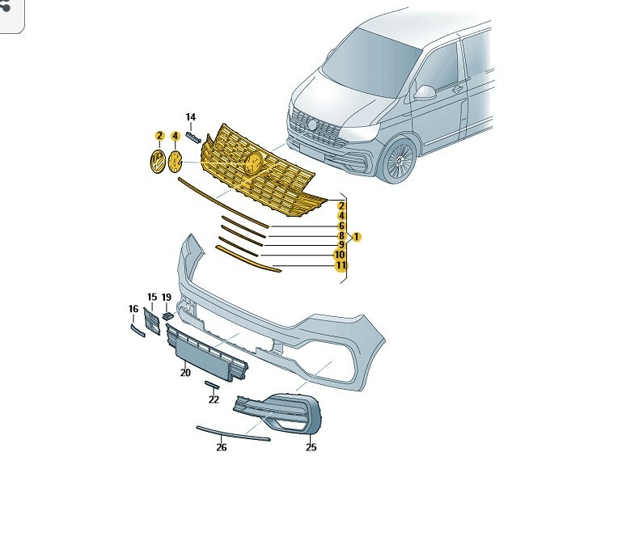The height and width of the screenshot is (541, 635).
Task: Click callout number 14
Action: click(x=190, y=117)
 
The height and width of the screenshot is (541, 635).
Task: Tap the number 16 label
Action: click(x=133, y=309)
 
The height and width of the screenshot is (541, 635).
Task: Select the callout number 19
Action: click(x=167, y=298)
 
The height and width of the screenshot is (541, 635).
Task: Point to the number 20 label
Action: click(x=185, y=373)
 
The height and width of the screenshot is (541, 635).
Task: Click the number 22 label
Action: click(x=214, y=399)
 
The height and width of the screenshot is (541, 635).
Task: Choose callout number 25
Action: click(x=311, y=447)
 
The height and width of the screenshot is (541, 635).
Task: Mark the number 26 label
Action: click(x=221, y=447)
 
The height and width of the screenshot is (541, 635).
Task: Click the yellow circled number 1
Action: click(x=357, y=237)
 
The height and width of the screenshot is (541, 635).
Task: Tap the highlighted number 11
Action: click(x=341, y=265)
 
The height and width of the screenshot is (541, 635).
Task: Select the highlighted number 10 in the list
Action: click(x=340, y=255)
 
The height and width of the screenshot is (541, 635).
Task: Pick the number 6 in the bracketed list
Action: click(x=341, y=226)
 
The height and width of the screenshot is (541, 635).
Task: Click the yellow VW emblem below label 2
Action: click(x=158, y=161)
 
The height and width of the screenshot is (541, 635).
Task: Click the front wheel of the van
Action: click(x=400, y=161)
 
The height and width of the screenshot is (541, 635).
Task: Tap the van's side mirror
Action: click(x=425, y=92)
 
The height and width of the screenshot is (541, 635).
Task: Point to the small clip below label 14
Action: click(x=193, y=137)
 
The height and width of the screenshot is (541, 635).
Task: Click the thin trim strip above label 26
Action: click(x=233, y=433)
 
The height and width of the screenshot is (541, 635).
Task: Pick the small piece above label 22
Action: click(x=212, y=385)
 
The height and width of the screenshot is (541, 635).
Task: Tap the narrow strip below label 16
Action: click(x=138, y=330)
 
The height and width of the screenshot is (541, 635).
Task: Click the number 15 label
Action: click(x=152, y=298)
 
